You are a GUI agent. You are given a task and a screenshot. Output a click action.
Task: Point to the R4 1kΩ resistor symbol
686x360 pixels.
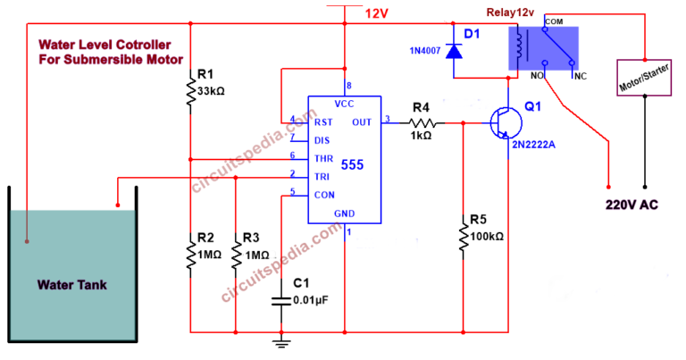pyautogui.click(x=422, y=122)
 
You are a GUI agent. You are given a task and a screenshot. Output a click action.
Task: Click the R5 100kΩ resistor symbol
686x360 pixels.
pyautogui.click(x=464, y=238)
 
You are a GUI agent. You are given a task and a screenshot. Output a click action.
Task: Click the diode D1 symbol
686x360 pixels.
pyautogui.click(x=455, y=52)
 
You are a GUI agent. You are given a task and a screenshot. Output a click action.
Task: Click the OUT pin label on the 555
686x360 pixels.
pyautogui.click(x=362, y=122)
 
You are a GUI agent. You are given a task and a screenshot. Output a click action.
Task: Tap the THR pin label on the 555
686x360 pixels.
pyautogui.click(x=322, y=158)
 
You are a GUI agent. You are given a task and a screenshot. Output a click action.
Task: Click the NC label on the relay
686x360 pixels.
pyautogui.click(x=579, y=77)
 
